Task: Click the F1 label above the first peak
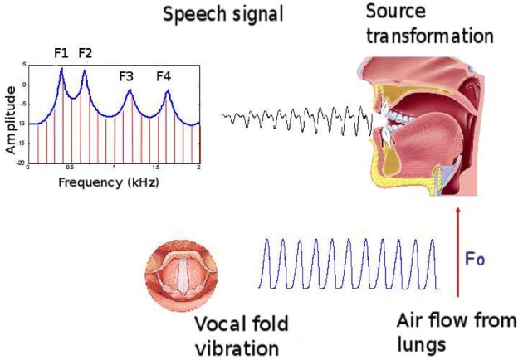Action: tap(61, 54)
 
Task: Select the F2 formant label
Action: tap(85, 54)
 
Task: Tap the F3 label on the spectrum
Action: tap(126, 76)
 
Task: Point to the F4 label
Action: tap(164, 76)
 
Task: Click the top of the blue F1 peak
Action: tap(61, 69)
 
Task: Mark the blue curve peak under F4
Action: tap(167, 90)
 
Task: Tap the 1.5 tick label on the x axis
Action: tap(156, 168)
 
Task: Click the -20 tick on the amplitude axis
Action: tap(22, 163)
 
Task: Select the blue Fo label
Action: tap(475, 260)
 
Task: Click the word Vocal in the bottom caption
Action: tap(217, 324)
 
